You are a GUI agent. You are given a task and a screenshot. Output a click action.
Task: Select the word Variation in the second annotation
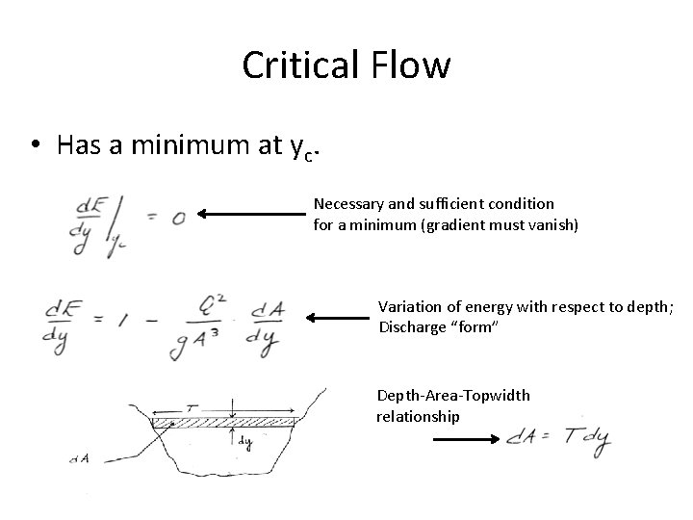coord(408,306)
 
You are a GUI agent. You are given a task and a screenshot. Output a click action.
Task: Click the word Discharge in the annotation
coord(412,326)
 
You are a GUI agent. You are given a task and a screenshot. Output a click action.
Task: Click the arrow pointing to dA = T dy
coord(464,438)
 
